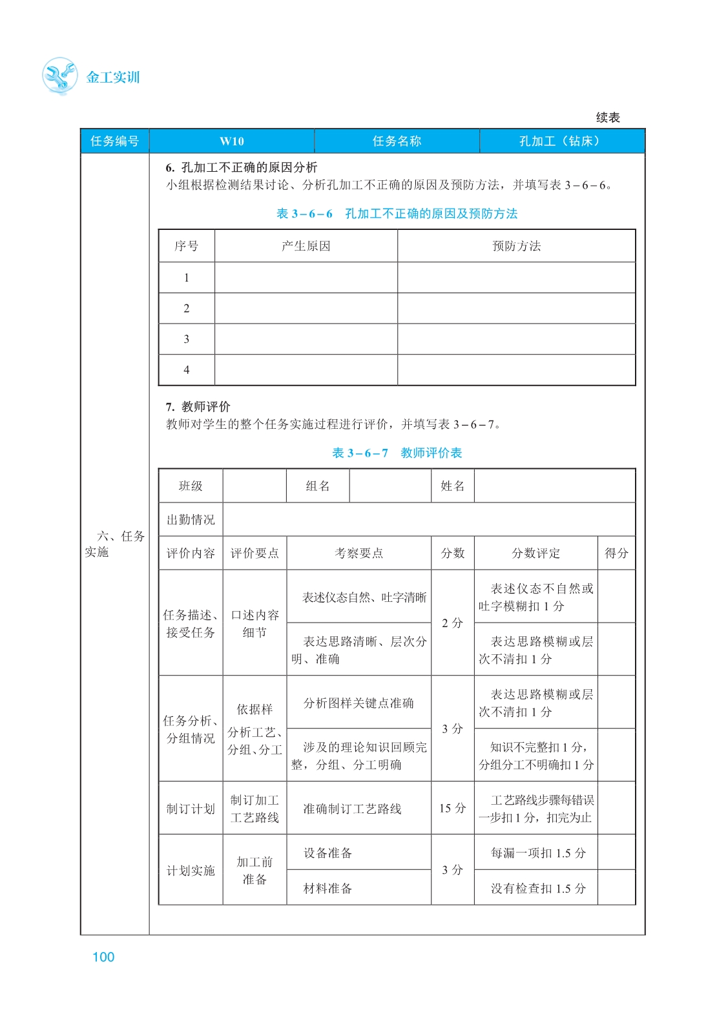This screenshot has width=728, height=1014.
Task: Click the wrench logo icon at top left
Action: (59, 76)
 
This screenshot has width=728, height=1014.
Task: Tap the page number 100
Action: (103, 957)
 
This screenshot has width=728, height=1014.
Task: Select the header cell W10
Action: (231, 141)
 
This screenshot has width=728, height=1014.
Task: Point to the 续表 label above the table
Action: (607, 118)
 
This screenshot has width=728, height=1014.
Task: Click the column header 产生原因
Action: (306, 246)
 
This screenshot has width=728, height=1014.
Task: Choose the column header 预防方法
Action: (516, 246)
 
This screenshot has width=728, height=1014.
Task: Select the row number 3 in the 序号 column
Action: (187, 339)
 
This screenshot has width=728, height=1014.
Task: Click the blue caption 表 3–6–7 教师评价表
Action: (397, 453)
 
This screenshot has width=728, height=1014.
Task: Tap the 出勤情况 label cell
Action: (191, 520)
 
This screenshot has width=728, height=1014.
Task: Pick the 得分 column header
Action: (616, 554)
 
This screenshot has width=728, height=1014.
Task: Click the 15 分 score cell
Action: (452, 809)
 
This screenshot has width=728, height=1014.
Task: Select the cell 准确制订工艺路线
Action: (353, 809)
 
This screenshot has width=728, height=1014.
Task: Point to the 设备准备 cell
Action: (328, 853)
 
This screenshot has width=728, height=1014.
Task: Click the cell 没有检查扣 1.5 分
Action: (538, 889)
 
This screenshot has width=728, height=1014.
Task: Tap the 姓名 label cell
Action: (452, 486)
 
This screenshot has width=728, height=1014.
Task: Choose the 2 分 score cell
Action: (452, 623)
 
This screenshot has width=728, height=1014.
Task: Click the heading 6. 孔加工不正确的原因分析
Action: (242, 168)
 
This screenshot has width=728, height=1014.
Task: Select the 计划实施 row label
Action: (191, 871)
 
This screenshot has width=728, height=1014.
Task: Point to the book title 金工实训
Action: (113, 78)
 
